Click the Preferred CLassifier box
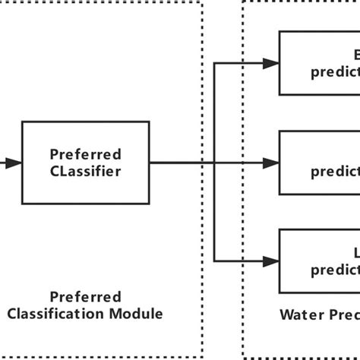pyautogui.click(x=85, y=162)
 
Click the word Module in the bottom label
pyautogui.click(x=141, y=312)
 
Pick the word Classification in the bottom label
pyautogui.click(x=74, y=312)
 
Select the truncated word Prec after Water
pyautogui.click(x=339, y=312)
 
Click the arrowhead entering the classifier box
pyautogui.click(x=15, y=163)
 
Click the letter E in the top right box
pyautogui.click(x=355, y=55)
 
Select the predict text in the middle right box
pyautogui.click(x=335, y=171)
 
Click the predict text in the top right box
pyautogui.click(x=335, y=72)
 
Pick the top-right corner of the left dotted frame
pyautogui.click(x=203, y=2)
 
